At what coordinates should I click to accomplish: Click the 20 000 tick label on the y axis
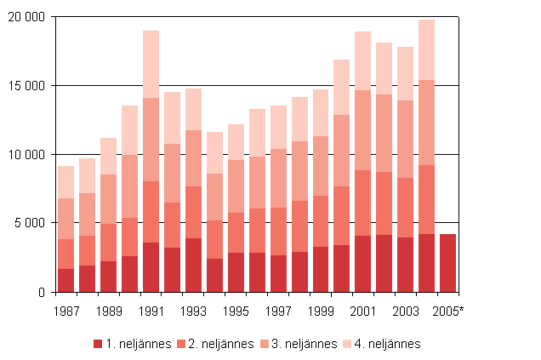click(28, 17)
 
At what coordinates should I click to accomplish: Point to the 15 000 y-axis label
click(28, 86)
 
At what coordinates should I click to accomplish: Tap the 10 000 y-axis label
click(28, 155)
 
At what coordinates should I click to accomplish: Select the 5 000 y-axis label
click(31, 223)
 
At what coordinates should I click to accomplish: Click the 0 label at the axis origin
click(42, 292)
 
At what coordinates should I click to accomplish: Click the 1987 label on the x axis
click(65, 311)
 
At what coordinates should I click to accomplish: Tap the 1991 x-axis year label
click(151, 311)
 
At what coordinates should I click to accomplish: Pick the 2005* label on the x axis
click(449, 311)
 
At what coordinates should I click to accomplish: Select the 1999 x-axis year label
click(321, 311)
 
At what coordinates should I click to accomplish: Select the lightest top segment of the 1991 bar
click(151, 64)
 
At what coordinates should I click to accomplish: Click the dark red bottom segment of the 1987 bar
click(65, 280)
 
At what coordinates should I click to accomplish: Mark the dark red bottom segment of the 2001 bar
click(363, 264)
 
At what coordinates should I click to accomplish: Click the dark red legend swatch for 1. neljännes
click(97, 344)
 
